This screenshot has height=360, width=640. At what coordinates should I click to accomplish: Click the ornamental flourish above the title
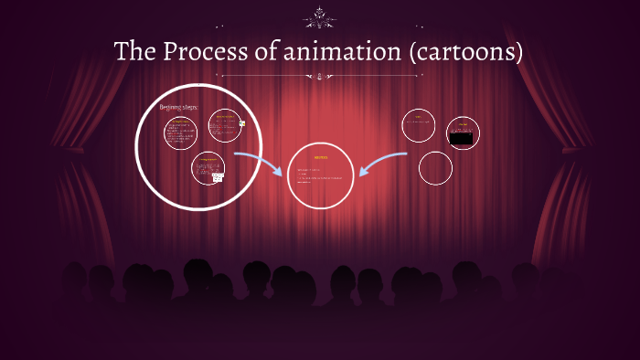click(x=320, y=16)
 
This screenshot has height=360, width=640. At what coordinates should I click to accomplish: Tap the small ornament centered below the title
click(x=320, y=78)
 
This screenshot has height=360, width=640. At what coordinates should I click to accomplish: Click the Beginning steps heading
click(x=178, y=107)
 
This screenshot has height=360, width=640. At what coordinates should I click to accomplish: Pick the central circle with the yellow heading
click(x=320, y=175)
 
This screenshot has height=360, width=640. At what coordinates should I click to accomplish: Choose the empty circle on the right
click(x=435, y=167)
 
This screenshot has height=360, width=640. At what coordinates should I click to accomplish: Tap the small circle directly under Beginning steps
click(x=181, y=132)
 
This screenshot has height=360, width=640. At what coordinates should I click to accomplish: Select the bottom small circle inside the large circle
click(x=208, y=168)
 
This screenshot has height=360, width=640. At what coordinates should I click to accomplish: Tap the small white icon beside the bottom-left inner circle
click(x=218, y=177)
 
